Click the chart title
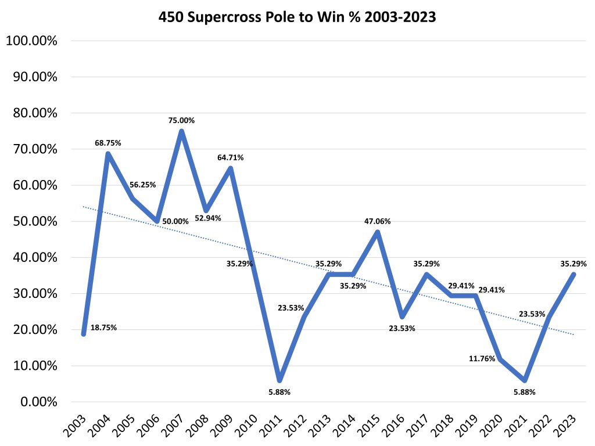(x=297, y=17)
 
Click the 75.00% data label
(x=181, y=121)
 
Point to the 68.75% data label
(x=108, y=143)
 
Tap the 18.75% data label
(x=103, y=328)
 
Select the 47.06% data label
(x=378, y=221)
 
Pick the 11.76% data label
(x=482, y=359)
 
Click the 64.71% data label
(x=231, y=157)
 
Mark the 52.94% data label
(x=208, y=218)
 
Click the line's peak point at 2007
(x=181, y=131)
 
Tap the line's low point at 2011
(x=279, y=380)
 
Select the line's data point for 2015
(x=378, y=232)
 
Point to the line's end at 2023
(x=573, y=275)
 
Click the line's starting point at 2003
(x=84, y=334)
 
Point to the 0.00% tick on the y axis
(x=37, y=402)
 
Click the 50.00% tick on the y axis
(x=34, y=222)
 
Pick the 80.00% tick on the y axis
(x=34, y=113)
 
